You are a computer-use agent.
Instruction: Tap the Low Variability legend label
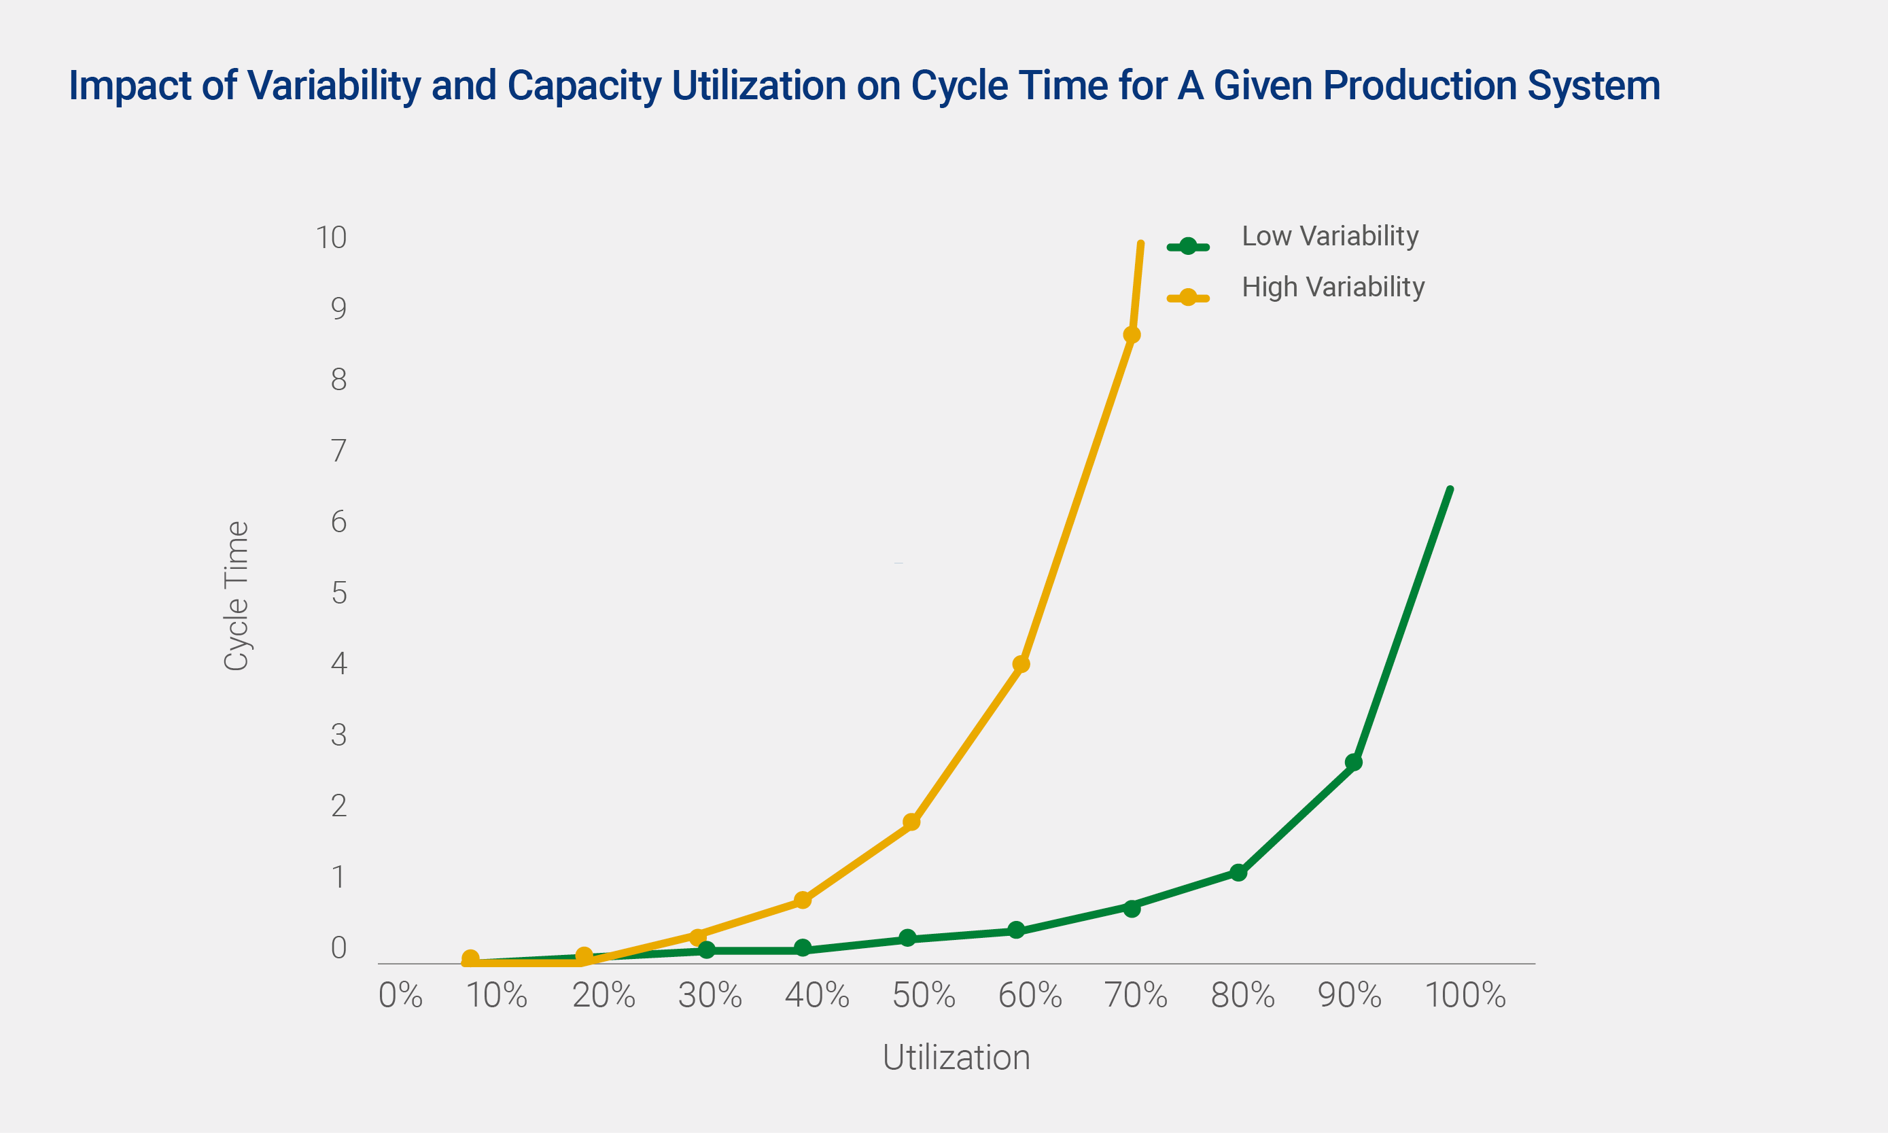coord(1330,236)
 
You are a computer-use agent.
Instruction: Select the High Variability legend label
coord(1333,287)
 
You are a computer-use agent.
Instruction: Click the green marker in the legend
coord(1188,246)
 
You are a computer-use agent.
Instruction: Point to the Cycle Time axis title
coord(236,595)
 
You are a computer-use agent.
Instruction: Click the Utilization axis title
coord(956,1058)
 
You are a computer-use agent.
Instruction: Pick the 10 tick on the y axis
coord(332,237)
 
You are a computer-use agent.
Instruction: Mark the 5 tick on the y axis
coord(339,593)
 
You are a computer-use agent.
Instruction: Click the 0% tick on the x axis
coord(401,995)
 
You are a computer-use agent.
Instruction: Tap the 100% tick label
coord(1465,995)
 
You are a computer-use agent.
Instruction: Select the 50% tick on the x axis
coord(924,995)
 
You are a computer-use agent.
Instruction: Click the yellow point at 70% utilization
coord(1132,334)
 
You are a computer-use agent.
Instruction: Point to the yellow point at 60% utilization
coord(1021,663)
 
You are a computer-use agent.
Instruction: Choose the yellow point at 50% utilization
coord(911,822)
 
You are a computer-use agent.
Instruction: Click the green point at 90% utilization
coord(1354,762)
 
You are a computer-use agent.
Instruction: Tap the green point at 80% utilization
coord(1238,872)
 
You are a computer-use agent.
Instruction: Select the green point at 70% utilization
coord(1132,908)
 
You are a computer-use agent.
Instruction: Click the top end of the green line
coord(1450,489)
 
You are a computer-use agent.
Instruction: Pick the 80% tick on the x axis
coord(1243,995)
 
